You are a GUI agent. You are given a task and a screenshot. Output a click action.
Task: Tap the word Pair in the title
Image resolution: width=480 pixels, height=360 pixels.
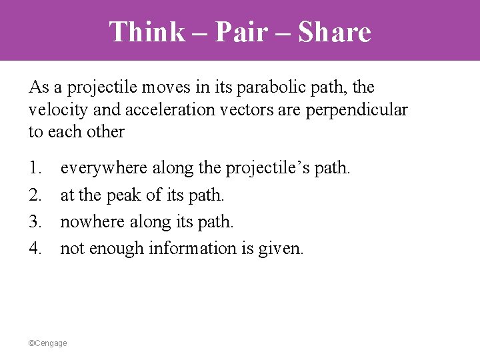250,31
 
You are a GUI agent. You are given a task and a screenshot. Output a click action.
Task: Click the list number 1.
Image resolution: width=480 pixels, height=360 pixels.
35,167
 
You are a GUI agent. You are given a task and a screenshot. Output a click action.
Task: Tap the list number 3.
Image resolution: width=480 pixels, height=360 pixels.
35,221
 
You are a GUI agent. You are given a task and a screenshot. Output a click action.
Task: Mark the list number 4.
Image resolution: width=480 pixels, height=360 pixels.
35,248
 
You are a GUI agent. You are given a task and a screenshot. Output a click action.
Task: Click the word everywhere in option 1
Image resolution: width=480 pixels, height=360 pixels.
105,167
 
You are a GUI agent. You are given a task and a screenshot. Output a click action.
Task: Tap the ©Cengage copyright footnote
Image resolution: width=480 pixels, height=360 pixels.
48,343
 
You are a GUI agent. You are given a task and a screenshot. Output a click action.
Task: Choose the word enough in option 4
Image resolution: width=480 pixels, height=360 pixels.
115,248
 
